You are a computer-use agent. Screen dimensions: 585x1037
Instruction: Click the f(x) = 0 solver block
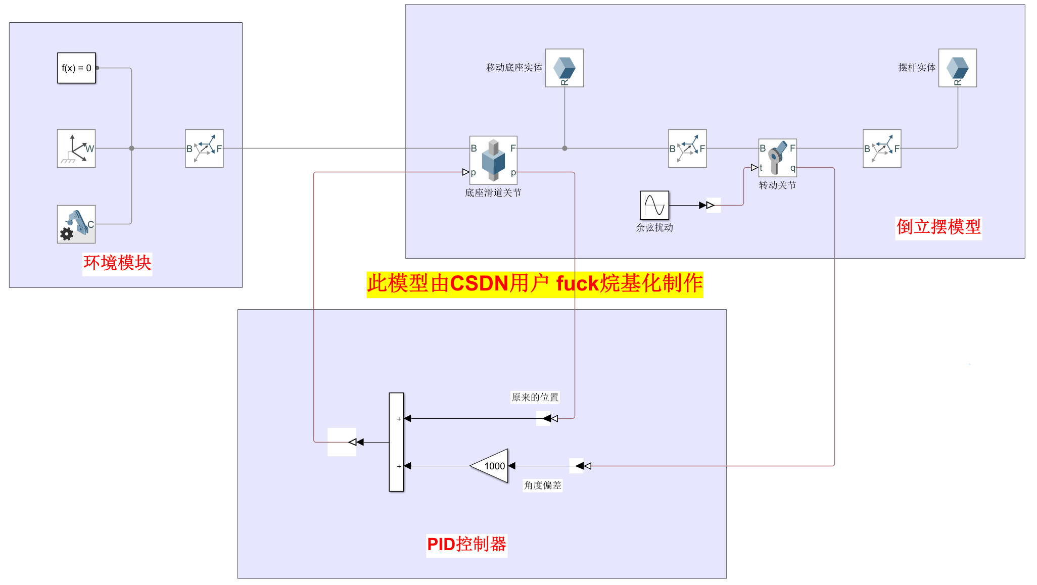[x=76, y=68]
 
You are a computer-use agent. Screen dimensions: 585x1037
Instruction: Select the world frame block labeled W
[x=76, y=149]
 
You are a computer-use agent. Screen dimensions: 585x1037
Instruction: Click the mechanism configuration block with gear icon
[x=76, y=224]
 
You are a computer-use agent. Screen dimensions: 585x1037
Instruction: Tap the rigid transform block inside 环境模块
[x=204, y=149]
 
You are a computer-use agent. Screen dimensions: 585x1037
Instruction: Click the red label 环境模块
[x=117, y=263]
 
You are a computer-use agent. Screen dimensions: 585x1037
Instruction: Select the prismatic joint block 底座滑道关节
[x=493, y=160]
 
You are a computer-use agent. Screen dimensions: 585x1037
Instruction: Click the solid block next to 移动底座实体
[x=564, y=68]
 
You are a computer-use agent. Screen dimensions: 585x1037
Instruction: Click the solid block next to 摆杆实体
[x=957, y=68]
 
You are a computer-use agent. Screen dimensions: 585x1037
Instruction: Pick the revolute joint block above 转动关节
[x=777, y=158]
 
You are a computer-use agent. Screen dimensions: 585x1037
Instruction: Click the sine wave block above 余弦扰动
[x=654, y=205]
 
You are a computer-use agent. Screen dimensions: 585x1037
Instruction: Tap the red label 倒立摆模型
[x=938, y=227]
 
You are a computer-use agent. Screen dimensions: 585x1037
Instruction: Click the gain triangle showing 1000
[x=490, y=466]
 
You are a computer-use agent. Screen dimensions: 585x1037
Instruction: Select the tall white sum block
[x=396, y=442]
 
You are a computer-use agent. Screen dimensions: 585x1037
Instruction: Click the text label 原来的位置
[x=535, y=398]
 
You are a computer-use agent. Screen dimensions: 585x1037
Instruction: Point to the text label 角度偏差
[x=542, y=485]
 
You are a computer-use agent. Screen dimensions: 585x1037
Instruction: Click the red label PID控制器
[x=466, y=545]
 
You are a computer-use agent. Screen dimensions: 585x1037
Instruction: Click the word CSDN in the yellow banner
[x=479, y=284]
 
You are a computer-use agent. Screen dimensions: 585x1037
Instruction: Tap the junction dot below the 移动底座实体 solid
[x=564, y=149]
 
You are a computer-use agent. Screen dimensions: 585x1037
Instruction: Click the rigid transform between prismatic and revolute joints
[x=687, y=149]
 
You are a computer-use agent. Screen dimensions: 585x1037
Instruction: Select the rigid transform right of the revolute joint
[x=882, y=149]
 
